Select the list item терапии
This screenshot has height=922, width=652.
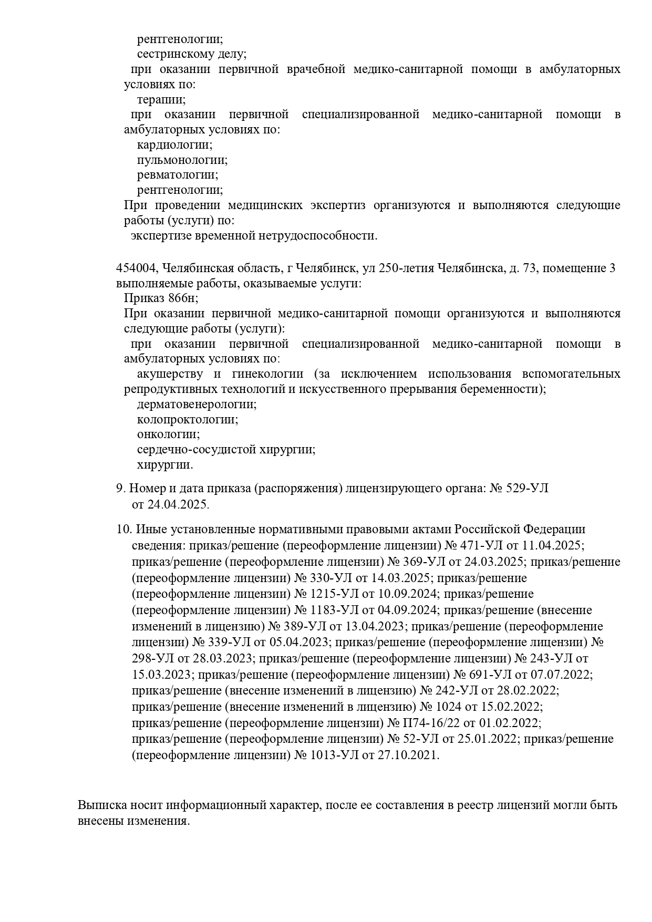(x=160, y=99)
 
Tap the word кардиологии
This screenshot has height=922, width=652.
(x=174, y=144)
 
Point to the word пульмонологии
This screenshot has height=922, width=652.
(x=182, y=160)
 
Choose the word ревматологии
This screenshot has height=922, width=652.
(x=177, y=175)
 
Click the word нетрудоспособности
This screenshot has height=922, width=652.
(x=323, y=235)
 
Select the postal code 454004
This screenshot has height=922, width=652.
(x=137, y=268)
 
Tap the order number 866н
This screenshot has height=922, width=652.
(x=183, y=298)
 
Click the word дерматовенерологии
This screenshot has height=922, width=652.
(x=196, y=405)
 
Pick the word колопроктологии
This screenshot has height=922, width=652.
(x=187, y=420)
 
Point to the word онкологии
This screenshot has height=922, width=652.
(x=168, y=434)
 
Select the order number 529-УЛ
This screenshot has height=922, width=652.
(x=527, y=488)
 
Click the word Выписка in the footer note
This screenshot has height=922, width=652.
(x=101, y=805)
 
